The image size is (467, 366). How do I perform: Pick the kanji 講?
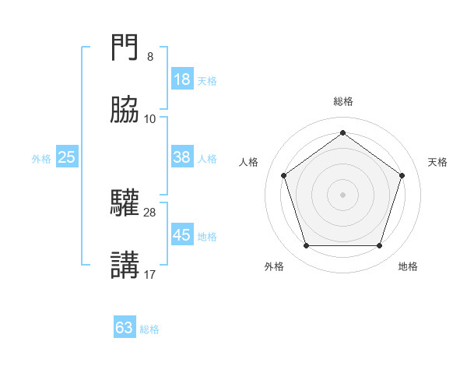click(x=125, y=265)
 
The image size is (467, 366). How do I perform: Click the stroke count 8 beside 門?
click(x=150, y=57)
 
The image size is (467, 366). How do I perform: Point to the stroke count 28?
click(x=150, y=211)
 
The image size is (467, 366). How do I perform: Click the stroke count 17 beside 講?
click(x=150, y=274)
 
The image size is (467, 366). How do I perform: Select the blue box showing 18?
click(x=182, y=79)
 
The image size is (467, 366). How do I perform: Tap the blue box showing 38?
click(x=182, y=157)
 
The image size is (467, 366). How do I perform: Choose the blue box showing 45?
click(x=182, y=235)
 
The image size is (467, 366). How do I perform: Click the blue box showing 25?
click(x=66, y=157)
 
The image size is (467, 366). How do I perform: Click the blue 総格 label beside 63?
click(x=150, y=329)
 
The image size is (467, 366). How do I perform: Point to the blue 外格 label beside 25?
click(x=41, y=159)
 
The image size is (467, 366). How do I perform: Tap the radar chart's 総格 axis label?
click(x=343, y=101)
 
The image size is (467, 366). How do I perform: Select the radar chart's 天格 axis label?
click(x=438, y=162)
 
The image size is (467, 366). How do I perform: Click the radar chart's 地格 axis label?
click(x=408, y=266)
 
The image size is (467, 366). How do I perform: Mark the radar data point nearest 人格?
click(x=284, y=175)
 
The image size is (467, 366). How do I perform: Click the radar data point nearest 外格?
click(x=306, y=246)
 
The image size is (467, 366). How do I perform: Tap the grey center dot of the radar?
click(x=343, y=194)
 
